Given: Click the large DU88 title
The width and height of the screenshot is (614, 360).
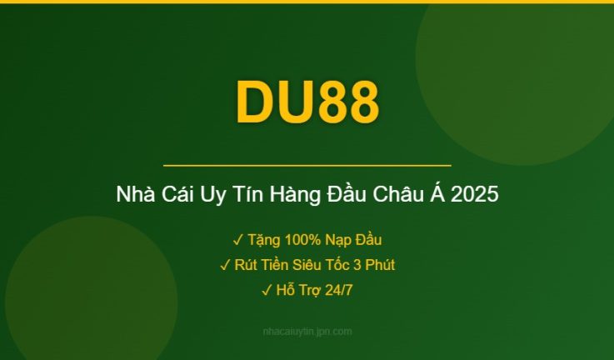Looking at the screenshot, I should [307, 102].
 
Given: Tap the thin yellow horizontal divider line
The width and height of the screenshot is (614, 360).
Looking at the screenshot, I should [307, 166].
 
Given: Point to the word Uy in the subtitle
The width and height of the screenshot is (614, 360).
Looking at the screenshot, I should [214, 196].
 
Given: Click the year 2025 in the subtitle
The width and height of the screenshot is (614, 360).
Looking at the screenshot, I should [476, 196].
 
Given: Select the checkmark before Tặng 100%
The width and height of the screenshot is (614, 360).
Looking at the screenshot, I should [238, 241].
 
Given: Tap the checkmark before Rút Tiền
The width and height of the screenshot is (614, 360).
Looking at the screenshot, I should [225, 266].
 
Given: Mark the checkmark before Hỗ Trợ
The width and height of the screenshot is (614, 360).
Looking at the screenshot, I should [267, 290].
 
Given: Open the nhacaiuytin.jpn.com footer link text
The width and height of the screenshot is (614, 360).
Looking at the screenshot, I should [307, 332].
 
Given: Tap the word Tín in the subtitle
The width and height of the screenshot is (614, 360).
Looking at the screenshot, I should [245, 196].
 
